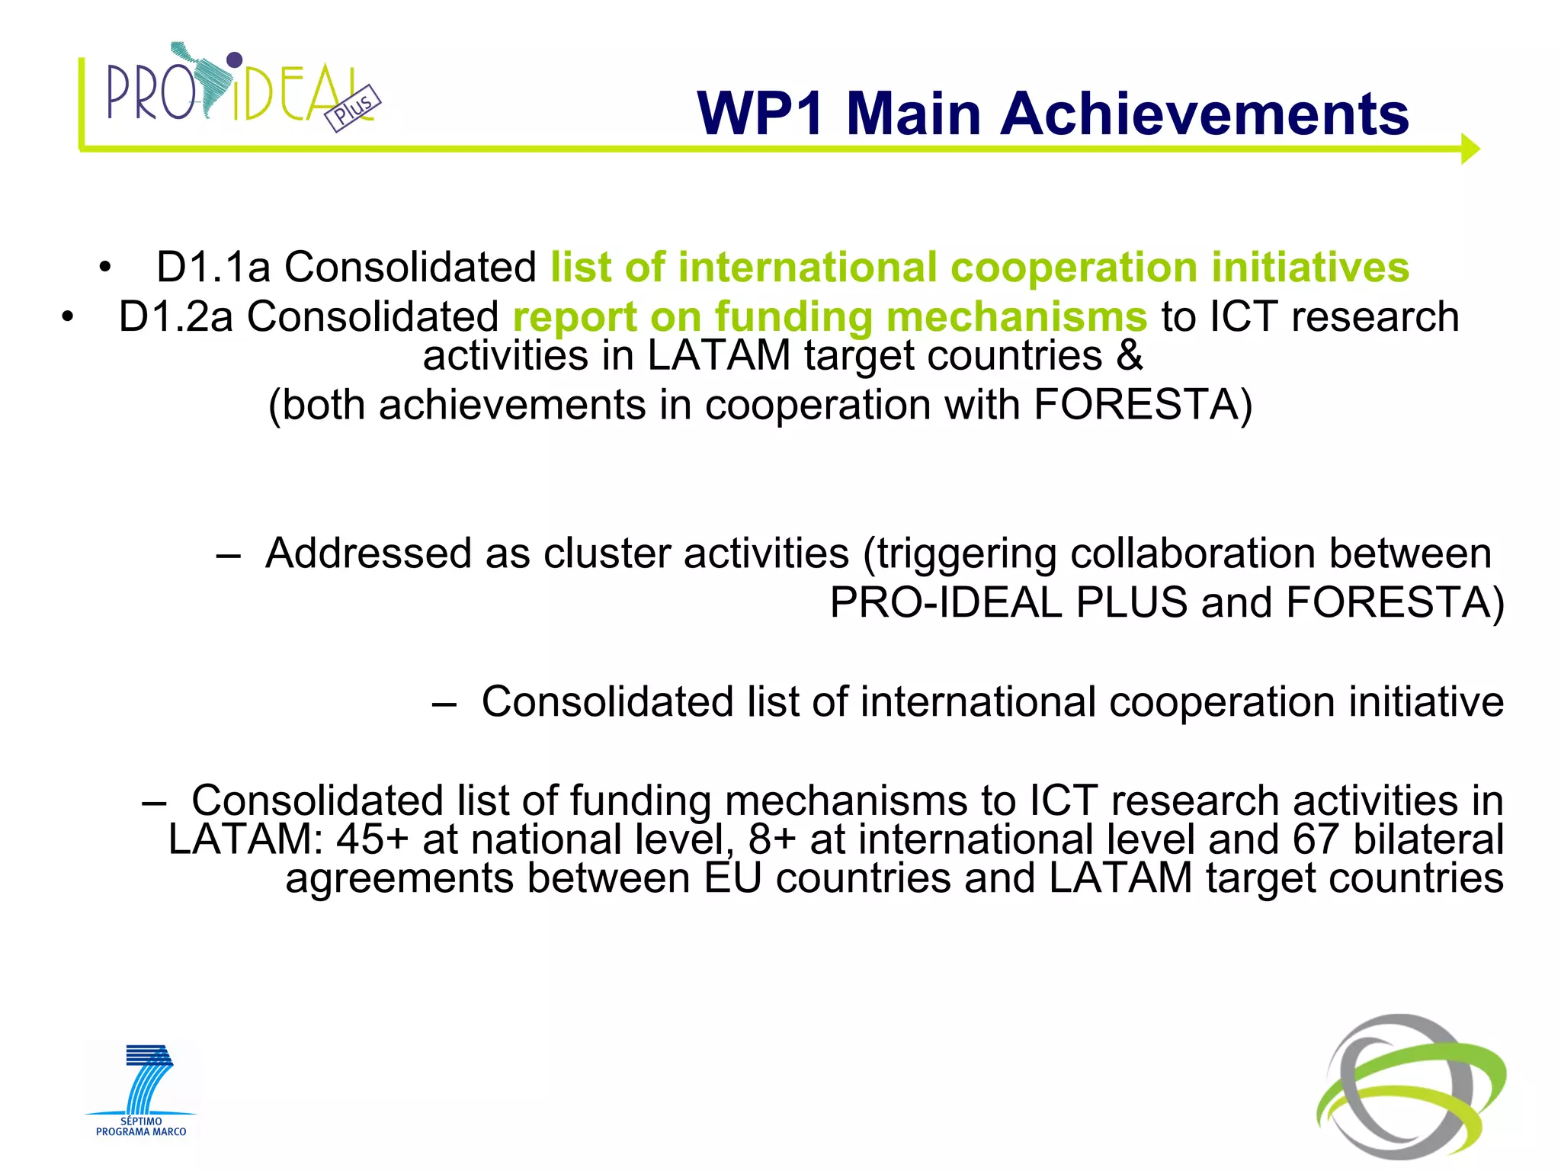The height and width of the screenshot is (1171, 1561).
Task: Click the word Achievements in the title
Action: [x=1204, y=114]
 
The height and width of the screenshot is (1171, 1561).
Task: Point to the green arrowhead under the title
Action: [x=1470, y=149]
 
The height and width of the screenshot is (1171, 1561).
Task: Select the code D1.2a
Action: [x=176, y=316]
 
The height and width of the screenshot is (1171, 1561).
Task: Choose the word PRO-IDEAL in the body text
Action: [x=945, y=603]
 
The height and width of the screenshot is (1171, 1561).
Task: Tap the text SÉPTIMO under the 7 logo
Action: [x=141, y=1121]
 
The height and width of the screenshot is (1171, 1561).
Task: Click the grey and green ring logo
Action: [x=1410, y=1086]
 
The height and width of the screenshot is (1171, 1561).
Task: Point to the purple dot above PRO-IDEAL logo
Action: [x=235, y=59]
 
